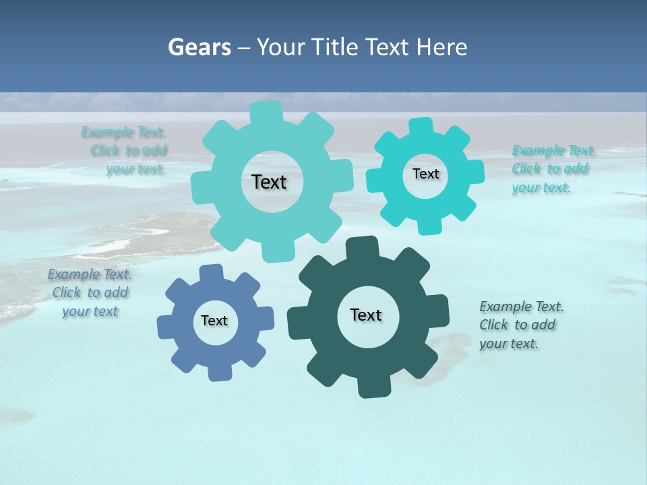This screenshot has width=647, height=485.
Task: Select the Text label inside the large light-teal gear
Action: (x=269, y=182)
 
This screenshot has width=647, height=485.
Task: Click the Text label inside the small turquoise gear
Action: (x=425, y=174)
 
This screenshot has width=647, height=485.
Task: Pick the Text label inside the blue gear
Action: (x=214, y=321)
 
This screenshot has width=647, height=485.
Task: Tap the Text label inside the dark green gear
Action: (x=366, y=315)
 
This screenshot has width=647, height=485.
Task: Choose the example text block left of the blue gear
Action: (x=90, y=292)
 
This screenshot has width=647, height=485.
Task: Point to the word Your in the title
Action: (x=280, y=47)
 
